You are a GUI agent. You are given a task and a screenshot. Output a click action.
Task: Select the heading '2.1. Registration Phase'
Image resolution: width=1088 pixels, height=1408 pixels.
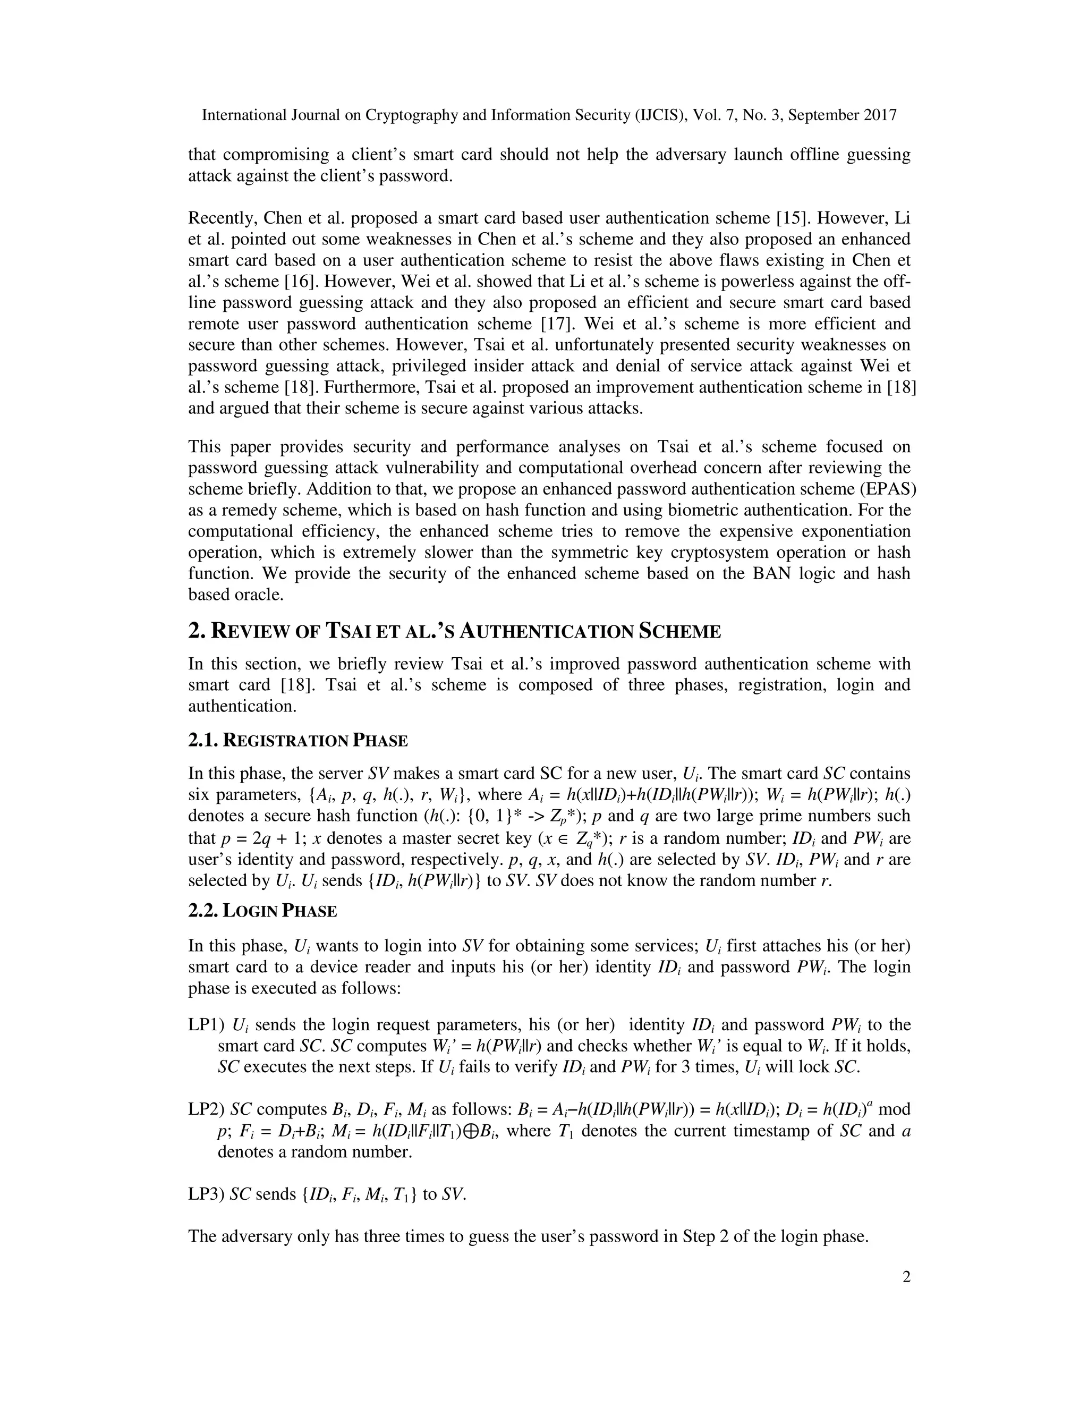[298, 741]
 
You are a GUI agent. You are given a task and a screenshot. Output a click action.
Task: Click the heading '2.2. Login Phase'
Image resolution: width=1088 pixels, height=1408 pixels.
[262, 911]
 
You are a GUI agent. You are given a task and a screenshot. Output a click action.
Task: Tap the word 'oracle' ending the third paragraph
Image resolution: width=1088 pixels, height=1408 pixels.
[260, 595]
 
